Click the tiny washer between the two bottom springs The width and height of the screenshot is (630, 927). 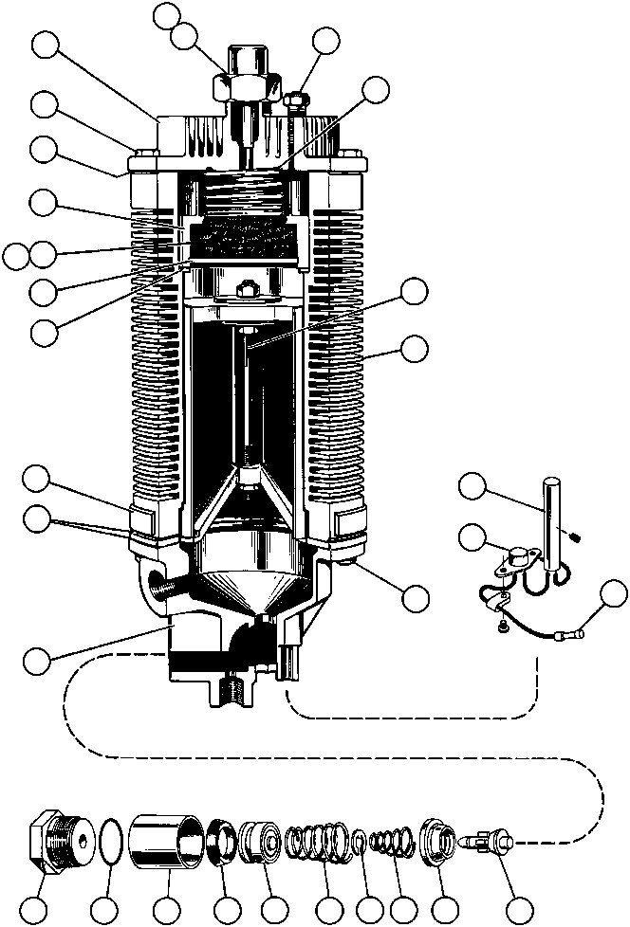[361, 841]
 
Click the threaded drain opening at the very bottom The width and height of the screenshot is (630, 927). [233, 688]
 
